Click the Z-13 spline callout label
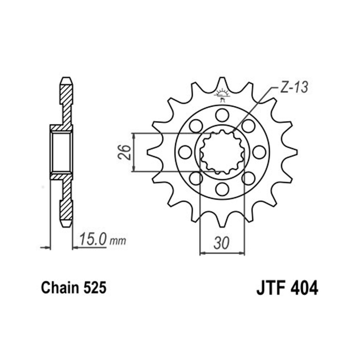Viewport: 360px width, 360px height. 294,87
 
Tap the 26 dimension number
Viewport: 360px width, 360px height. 124,152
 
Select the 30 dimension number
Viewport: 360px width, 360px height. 221,243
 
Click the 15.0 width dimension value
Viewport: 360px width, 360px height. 93,239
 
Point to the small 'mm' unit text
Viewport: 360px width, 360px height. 118,241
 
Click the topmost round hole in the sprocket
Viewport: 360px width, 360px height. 222,115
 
